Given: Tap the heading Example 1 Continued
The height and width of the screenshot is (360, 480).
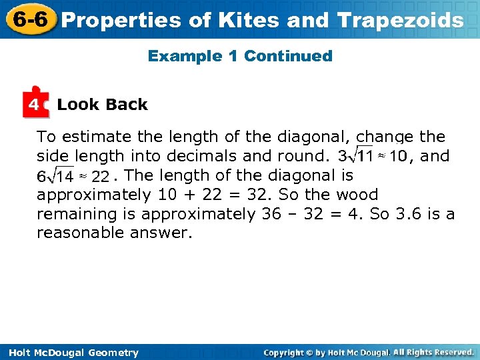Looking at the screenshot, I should coord(240,56).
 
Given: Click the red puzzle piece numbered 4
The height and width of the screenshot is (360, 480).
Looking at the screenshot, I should coord(35,104).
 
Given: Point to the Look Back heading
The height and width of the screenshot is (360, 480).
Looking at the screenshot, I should coord(102,105).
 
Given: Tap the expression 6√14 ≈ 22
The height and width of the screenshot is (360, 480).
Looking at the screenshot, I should coord(73,176).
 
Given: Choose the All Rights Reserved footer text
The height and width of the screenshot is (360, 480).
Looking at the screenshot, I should coord(433,352).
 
